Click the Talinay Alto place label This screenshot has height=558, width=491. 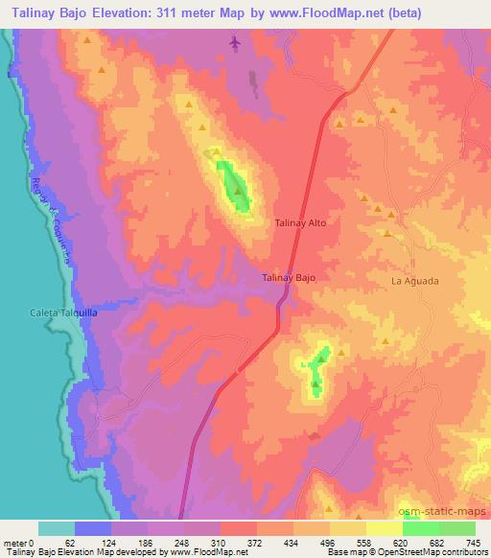301,222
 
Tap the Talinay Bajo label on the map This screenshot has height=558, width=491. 289,277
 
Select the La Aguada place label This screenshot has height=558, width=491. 414,281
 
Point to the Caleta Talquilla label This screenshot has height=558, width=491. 60,313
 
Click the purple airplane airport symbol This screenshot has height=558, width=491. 236,43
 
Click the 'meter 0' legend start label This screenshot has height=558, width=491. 18,543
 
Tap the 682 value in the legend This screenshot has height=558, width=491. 438,543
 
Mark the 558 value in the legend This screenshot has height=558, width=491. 366,543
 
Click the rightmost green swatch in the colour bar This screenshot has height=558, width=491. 456,527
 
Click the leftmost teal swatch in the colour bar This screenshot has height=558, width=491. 57,527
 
